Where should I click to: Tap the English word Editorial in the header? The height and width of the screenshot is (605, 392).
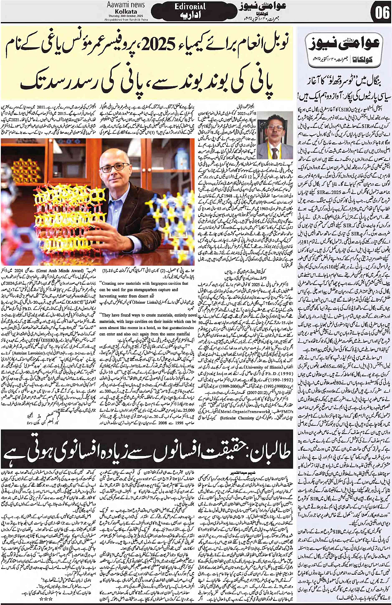click(190, 6)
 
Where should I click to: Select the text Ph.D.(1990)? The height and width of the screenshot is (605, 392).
click(247, 373)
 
